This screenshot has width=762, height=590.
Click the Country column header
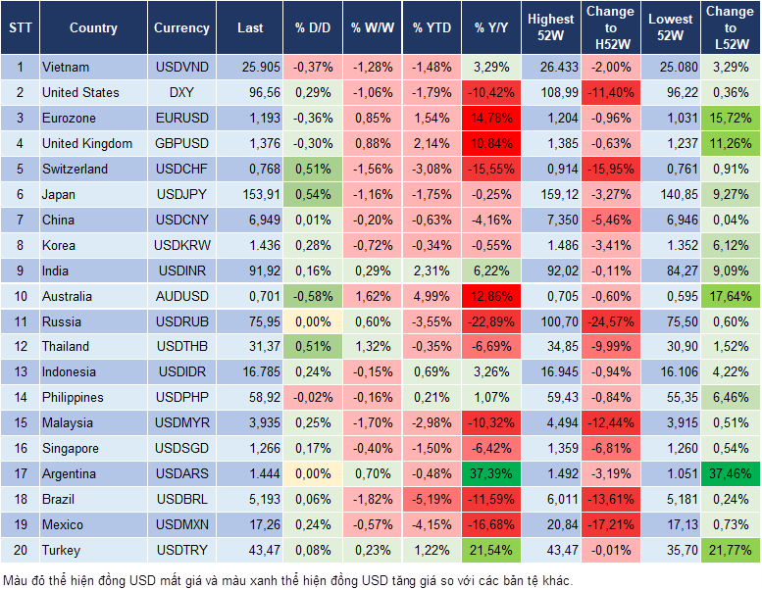coord(93,28)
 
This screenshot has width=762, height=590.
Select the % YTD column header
coord(432,28)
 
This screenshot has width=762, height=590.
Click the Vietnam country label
coord(66,68)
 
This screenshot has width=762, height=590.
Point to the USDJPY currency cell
coord(181,195)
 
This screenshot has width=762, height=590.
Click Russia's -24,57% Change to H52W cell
coord(610,320)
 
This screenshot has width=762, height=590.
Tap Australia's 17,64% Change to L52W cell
coord(730,295)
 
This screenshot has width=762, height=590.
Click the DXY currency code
coord(181,93)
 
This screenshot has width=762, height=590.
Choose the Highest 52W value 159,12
coord(551,195)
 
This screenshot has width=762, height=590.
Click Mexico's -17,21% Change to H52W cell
coord(610,524)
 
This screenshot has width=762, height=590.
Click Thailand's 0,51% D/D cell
coord(311,346)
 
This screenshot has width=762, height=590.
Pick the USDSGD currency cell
coord(181,448)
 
